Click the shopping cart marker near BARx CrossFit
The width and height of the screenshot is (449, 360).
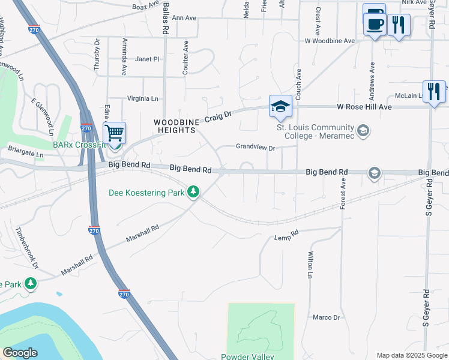(114, 133)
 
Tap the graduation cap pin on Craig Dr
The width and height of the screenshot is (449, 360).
(280, 106)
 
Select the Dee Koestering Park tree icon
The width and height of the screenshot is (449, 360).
(193, 193)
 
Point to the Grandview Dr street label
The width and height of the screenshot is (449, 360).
(255, 147)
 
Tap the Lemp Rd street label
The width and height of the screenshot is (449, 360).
(287, 235)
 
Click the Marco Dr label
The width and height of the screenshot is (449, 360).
(327, 317)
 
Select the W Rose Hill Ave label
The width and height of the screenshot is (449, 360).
(364, 107)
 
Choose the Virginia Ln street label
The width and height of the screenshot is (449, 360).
(142, 98)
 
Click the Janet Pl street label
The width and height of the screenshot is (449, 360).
(147, 59)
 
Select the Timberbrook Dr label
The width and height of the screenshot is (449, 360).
(27, 247)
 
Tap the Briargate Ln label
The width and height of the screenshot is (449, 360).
(25, 154)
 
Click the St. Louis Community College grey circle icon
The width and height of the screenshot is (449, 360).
(363, 130)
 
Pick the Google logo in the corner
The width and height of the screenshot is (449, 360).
(20, 353)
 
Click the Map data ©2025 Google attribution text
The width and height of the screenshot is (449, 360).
(411, 355)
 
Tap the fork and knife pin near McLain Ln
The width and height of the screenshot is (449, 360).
(434, 91)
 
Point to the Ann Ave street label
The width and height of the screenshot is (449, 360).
(184, 18)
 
